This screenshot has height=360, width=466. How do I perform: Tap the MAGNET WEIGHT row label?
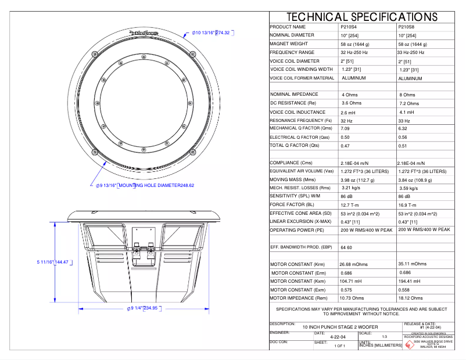tap(289, 44)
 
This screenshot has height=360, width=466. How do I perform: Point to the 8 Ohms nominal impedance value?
tap(407, 95)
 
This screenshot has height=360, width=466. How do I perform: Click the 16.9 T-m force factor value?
tap(409, 204)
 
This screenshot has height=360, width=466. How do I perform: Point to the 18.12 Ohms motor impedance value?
tap(411, 298)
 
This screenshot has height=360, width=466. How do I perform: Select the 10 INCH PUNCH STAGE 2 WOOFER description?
tap(335, 327)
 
